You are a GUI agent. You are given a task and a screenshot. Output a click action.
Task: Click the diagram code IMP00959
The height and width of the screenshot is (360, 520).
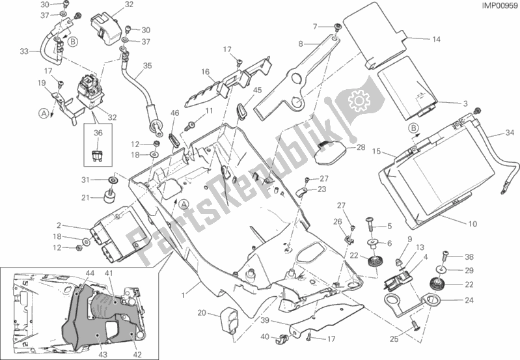click(x=499, y=7)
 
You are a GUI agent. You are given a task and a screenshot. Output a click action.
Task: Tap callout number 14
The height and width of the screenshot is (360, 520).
click(x=437, y=40)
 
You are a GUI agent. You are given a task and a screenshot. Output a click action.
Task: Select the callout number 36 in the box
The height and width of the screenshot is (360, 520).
click(x=98, y=133)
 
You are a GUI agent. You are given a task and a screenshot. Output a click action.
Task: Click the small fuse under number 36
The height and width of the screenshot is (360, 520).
click(x=98, y=156)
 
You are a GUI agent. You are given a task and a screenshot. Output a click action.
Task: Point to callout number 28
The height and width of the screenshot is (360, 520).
click(x=361, y=147)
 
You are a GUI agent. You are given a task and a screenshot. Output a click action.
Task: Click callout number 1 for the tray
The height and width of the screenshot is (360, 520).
click(x=183, y=295)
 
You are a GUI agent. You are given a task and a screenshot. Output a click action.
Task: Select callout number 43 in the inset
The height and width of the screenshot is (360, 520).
click(x=103, y=354)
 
